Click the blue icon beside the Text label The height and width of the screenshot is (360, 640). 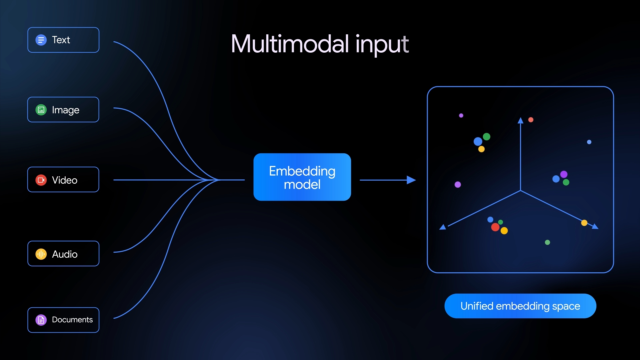pos(41,40)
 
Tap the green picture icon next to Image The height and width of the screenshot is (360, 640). pos(41,110)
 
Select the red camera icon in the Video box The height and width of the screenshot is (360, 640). pos(41,180)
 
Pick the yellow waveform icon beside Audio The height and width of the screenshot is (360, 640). pos(41,254)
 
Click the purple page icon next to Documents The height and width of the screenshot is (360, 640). pos(41,320)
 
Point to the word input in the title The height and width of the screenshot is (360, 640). pos(382,44)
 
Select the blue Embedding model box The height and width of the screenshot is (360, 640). pos(302,177)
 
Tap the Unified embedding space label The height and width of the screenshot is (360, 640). pos(520,306)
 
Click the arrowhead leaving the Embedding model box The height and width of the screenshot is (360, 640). pos(412,180)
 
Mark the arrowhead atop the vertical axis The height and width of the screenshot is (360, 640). pos(520,120)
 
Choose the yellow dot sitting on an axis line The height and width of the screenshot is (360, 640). pos(584,223)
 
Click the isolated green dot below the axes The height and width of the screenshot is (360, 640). pos(547,242)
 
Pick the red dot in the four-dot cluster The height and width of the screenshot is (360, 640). pos(495,227)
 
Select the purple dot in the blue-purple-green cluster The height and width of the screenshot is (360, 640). pos(564,174)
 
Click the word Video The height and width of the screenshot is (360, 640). pos(65,180)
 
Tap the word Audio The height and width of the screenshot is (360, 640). pos(65,254)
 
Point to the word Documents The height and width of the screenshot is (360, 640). pos(72,320)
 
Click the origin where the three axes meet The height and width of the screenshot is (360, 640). pos(520,191)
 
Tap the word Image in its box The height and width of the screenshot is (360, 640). pos(66,110)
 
